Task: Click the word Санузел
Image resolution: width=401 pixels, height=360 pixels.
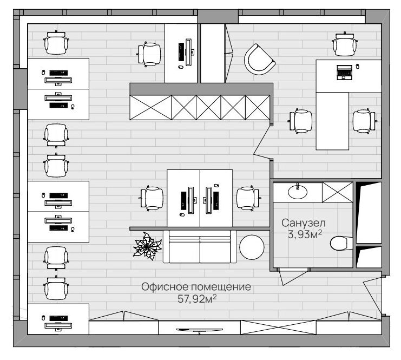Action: click(x=303, y=223)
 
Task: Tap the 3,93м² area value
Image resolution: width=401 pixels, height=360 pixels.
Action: click(x=305, y=234)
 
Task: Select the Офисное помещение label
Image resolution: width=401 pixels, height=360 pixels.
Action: click(x=196, y=287)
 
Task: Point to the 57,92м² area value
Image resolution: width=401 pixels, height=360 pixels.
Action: click(x=197, y=298)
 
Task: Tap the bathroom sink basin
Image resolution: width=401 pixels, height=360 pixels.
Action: click(x=298, y=192)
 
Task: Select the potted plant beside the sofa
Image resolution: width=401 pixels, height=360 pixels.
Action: click(x=147, y=246)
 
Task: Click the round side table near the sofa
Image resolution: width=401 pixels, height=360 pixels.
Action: click(x=252, y=247)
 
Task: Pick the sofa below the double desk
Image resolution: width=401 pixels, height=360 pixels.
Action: click(x=200, y=246)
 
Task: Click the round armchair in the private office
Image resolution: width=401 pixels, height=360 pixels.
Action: click(x=259, y=60)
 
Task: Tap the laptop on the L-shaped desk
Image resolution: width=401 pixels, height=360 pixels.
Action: click(x=344, y=72)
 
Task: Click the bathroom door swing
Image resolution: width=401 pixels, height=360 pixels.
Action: click(x=293, y=277)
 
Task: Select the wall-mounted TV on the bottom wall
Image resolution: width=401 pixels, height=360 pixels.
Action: click(x=199, y=330)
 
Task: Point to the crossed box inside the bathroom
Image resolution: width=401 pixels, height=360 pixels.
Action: click(x=337, y=192)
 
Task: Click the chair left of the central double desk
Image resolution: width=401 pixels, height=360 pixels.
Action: click(x=152, y=199)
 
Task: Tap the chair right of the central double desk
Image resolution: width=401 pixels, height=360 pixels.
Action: click(x=248, y=199)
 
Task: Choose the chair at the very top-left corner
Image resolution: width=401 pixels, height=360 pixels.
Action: click(x=56, y=42)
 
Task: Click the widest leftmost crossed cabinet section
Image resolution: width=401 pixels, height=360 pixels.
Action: click(x=150, y=108)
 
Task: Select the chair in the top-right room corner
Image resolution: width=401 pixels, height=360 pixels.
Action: click(x=345, y=44)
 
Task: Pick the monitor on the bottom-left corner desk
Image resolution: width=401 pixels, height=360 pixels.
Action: click(x=58, y=326)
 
